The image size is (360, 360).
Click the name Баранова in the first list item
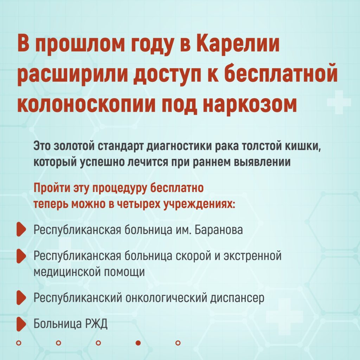(x=219, y=230)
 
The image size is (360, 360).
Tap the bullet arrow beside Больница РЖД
(x=21, y=324)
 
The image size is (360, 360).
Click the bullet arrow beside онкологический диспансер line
(x=21, y=298)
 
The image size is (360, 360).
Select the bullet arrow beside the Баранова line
(x=21, y=229)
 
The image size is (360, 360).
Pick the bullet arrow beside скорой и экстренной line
(x=21, y=256)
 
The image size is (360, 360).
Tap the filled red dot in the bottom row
(x=138, y=343)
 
